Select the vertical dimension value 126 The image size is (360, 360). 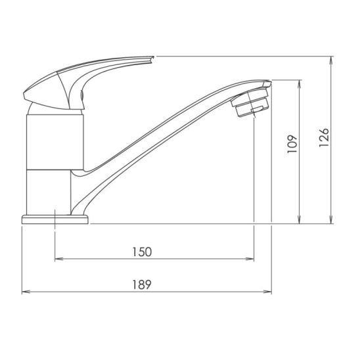tap(324, 138)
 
